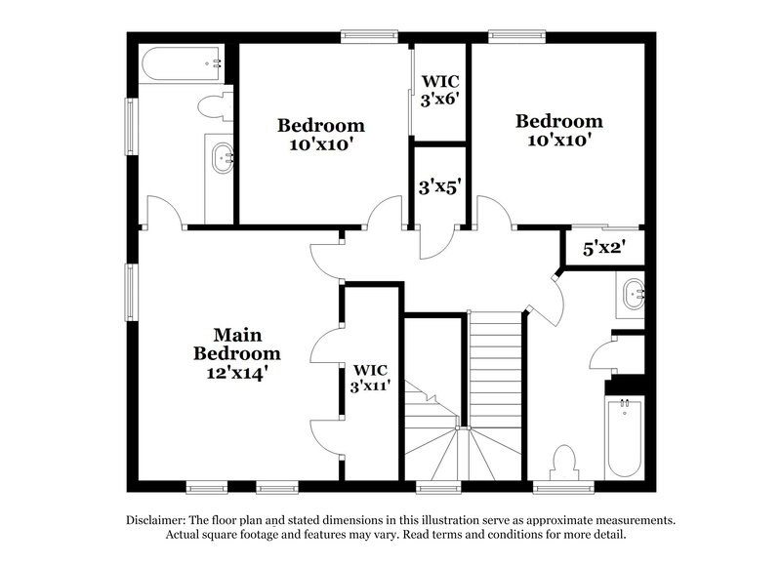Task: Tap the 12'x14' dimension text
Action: pos(236,372)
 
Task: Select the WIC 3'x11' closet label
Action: pos(371,378)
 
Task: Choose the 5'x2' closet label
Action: pos(603,249)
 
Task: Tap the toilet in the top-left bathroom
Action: pos(213,106)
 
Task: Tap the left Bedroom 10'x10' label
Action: pos(320,135)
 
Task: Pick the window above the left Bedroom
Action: pos(368,38)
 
